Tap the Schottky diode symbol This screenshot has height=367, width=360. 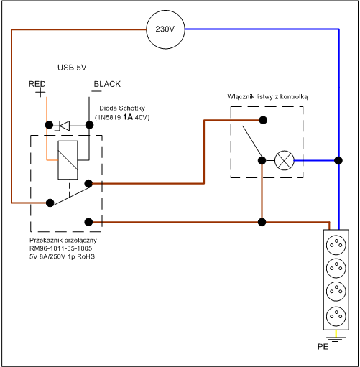pos(63,125)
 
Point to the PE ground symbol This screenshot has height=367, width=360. pos(336,339)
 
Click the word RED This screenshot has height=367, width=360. pos(37,84)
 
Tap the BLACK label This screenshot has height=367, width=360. pos(107,84)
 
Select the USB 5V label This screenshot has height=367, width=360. pos(72,68)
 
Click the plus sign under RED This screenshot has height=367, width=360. pos(40,92)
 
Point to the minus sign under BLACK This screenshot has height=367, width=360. pos(96,91)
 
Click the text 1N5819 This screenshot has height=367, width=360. pos(109,118)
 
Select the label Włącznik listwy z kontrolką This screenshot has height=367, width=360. pos(267,97)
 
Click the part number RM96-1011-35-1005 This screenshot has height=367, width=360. pos(60,248)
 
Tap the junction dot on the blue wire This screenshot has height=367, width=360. pos(338,160)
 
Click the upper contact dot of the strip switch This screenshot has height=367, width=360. pos(263,120)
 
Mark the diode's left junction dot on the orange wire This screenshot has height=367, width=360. pos(49,125)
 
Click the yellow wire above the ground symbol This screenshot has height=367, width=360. pos(336,333)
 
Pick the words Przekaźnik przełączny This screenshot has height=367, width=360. pos(63,240)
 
